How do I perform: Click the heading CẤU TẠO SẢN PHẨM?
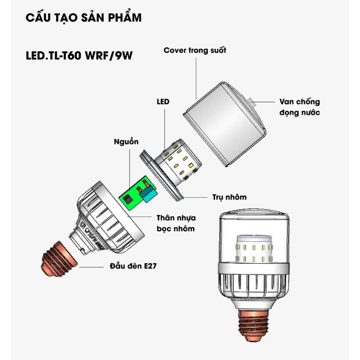pos(84,18)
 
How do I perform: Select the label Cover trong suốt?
pos(195,50)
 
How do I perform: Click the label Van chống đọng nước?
pos(299,107)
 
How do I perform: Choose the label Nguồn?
pos(126,142)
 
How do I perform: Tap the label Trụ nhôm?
pos(229,197)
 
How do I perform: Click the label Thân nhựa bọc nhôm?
pos(175,224)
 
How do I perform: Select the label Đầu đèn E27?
pos(133,266)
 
